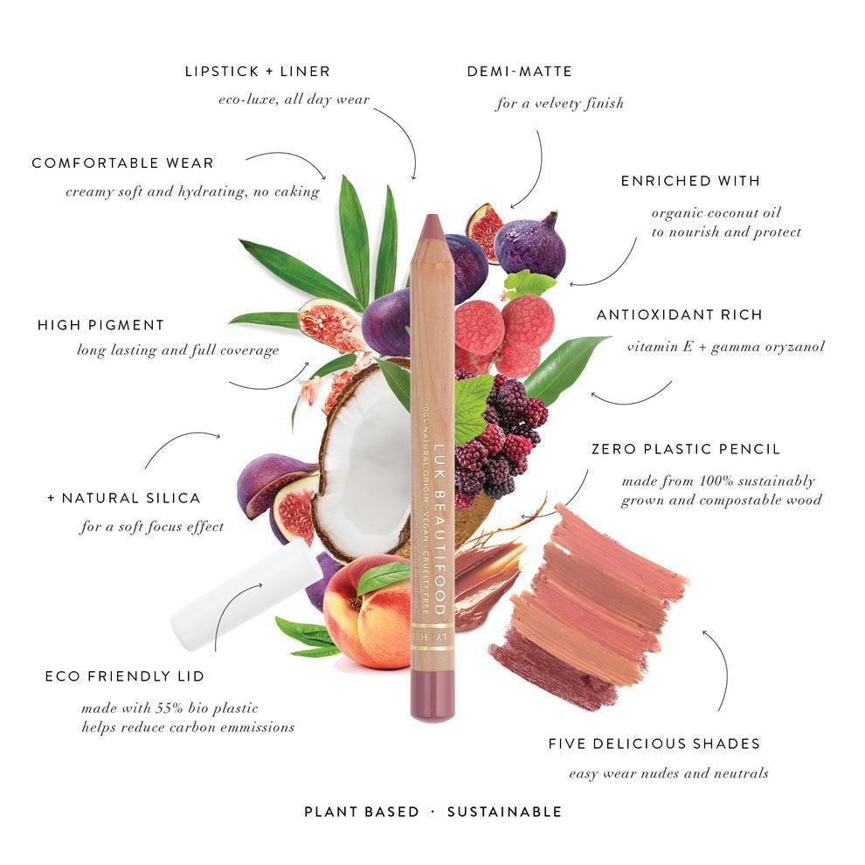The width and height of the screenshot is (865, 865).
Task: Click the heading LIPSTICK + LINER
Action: [257, 71]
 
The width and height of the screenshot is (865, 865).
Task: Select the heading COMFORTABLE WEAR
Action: [122, 163]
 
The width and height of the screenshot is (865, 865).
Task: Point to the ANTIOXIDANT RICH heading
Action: [679, 314]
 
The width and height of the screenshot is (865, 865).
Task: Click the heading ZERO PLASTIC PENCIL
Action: [685, 449]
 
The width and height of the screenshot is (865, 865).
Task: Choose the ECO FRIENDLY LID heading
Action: [124, 675]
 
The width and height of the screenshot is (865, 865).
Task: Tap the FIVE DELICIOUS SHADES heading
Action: [654, 744]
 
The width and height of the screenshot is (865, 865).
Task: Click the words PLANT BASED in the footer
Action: [361, 812]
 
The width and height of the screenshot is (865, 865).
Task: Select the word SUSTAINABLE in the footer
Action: [504, 812]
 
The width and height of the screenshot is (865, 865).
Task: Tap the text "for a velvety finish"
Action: [559, 103]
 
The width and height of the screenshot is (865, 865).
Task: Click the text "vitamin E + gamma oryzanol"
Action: [725, 347]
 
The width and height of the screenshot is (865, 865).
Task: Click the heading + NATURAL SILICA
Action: [123, 497]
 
